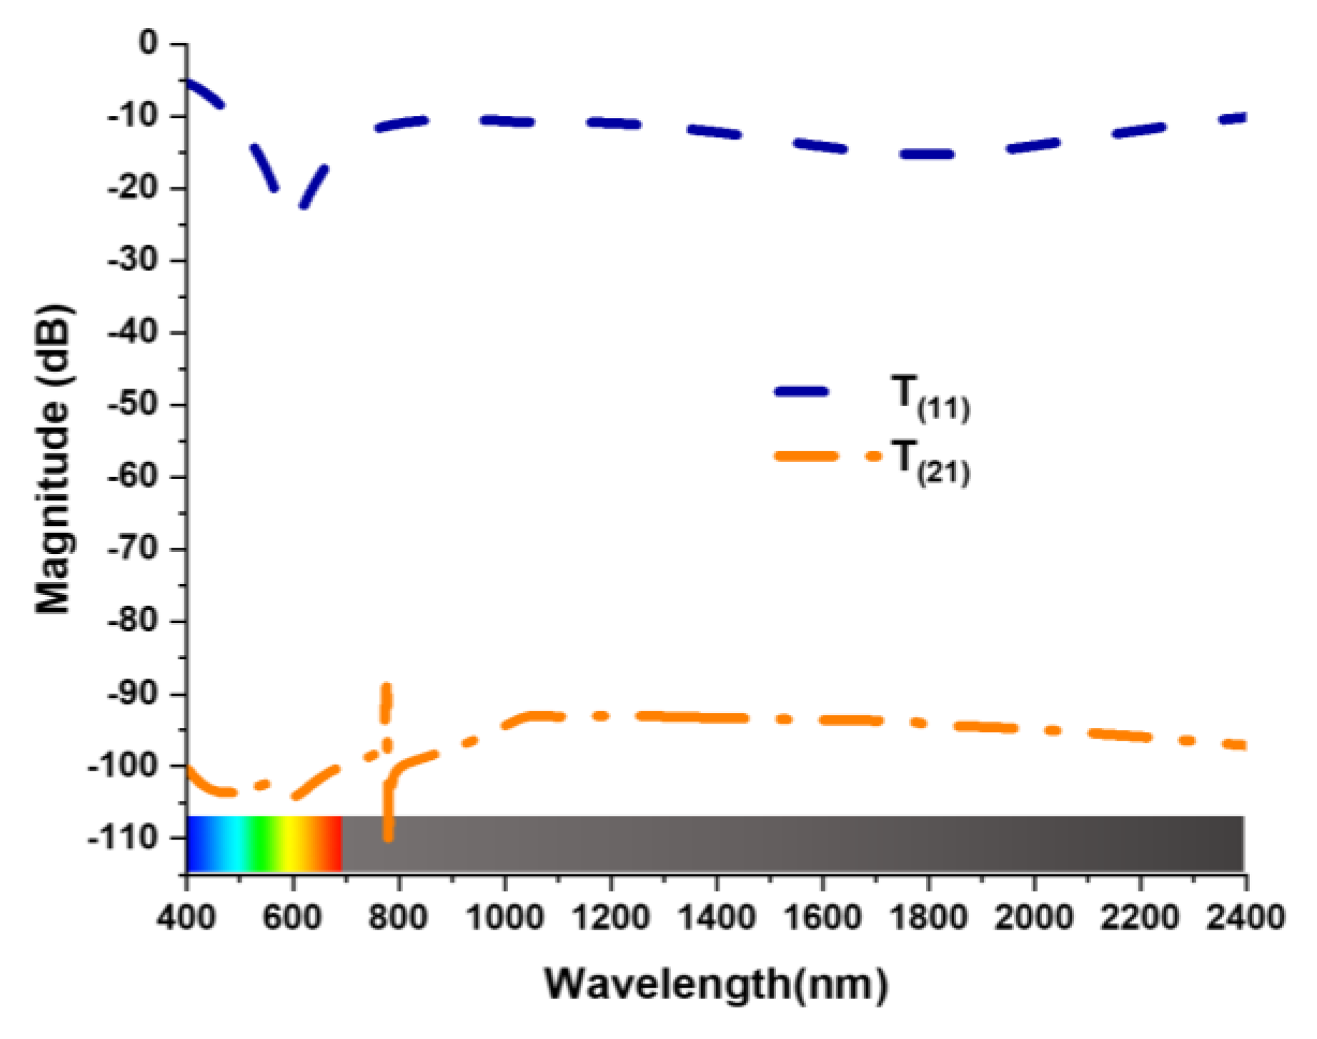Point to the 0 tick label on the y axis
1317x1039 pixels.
pos(148,43)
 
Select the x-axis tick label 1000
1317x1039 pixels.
pos(504,916)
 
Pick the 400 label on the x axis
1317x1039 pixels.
pos(187,916)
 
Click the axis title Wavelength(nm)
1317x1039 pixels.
pos(716,984)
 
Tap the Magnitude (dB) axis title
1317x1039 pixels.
pos(53,458)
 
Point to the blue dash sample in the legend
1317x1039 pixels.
pos(801,391)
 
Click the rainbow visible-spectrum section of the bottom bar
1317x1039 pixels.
pos(264,843)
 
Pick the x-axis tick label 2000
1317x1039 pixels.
pos(1034,916)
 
